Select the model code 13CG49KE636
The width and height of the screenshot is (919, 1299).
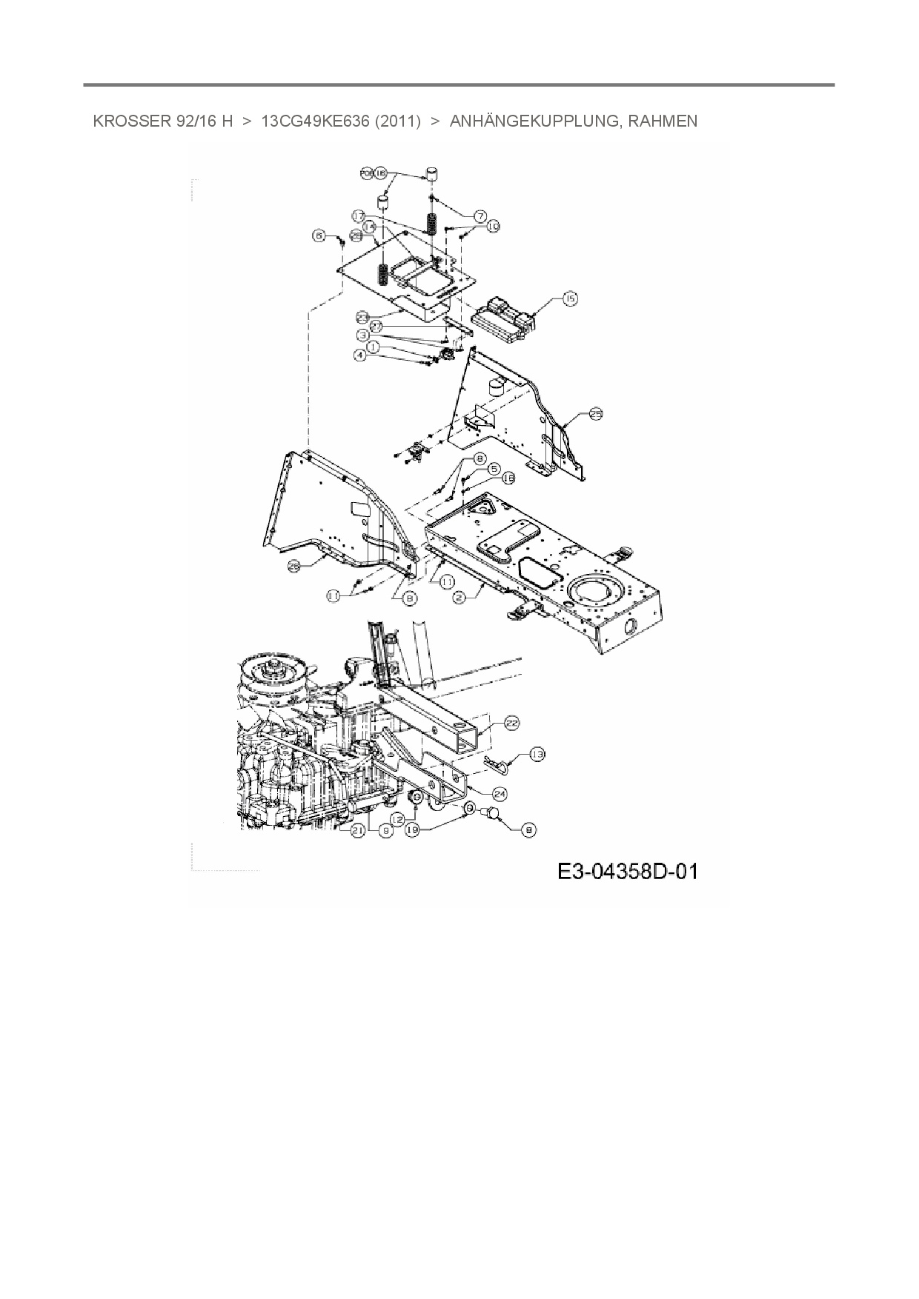pos(315,121)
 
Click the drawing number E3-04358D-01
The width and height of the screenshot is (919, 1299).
pos(627,872)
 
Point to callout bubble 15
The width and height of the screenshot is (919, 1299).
pos(569,298)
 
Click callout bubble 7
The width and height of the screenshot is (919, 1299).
pos(479,216)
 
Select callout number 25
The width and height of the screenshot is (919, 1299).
pos(596,415)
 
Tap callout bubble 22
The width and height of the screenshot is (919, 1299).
pos(511,724)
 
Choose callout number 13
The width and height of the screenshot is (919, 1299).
pos(536,755)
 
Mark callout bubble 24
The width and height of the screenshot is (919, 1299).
pos(500,794)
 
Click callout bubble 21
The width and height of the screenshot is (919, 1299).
pos(358,831)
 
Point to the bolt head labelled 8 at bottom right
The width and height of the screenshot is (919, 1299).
pos(492,815)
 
